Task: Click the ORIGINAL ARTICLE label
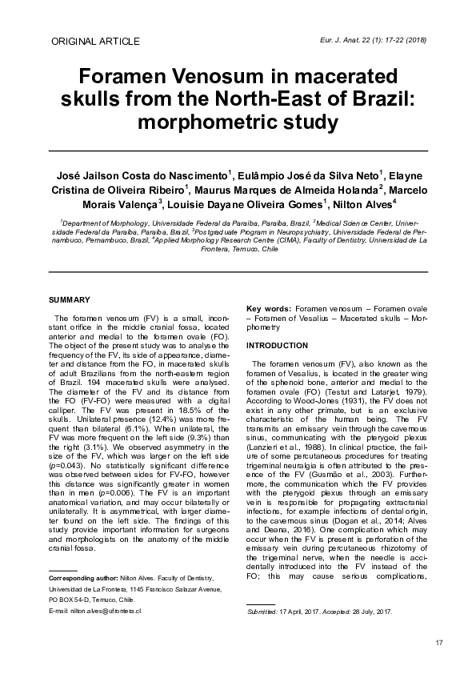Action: click(x=94, y=41)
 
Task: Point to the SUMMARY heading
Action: click(x=70, y=299)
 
